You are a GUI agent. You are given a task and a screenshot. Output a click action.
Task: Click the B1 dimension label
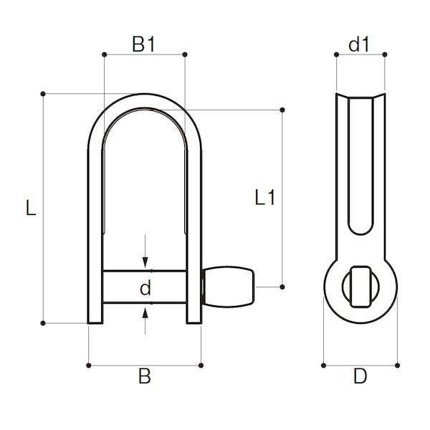143,44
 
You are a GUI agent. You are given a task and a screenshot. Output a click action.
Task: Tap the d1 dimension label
359,44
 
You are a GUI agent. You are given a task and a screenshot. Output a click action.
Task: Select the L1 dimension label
264,197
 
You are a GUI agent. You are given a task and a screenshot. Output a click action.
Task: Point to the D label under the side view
360,376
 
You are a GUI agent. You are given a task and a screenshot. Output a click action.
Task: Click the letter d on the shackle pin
145,287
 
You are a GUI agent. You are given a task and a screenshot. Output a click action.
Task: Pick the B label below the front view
145,376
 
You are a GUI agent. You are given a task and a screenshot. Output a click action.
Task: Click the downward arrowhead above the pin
145,262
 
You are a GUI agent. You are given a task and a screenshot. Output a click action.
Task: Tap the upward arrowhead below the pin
145,313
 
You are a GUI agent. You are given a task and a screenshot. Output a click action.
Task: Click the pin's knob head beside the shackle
228,287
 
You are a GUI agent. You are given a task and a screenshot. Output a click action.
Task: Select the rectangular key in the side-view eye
360,287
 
